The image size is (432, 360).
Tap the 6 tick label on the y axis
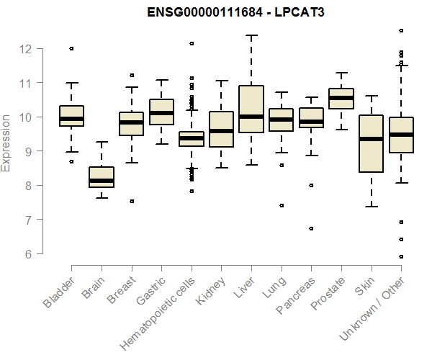(27, 253)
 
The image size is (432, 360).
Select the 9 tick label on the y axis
(27, 151)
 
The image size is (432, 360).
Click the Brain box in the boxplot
(102, 176)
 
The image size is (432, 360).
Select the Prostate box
(341, 99)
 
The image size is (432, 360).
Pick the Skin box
(371, 144)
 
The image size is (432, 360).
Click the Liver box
(251, 108)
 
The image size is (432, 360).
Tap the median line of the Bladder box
(72, 119)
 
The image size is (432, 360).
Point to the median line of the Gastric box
(161, 113)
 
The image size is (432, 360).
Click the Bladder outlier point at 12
(72, 48)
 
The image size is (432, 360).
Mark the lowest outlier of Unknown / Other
(401, 256)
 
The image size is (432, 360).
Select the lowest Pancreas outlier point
(311, 228)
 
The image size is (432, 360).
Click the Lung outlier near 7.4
(281, 205)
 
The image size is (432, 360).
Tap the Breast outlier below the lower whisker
(132, 201)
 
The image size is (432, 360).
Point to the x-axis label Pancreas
(294, 295)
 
